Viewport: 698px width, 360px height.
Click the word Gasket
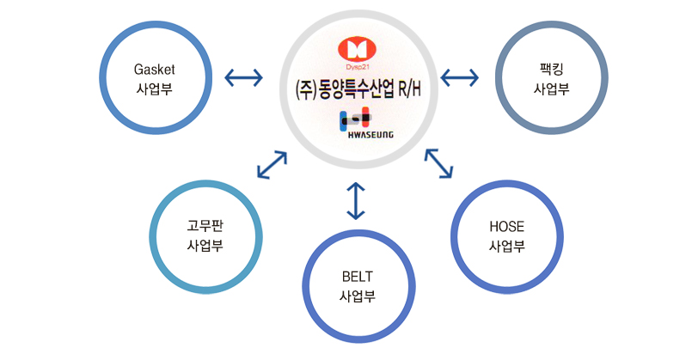pos(155,70)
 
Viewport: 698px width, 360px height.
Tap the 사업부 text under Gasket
pos(154,89)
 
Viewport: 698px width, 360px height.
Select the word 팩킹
pos(552,70)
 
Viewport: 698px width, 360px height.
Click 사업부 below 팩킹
pos(552,89)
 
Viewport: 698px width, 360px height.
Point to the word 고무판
pos(205,226)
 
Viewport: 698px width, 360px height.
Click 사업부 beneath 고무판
pos(205,245)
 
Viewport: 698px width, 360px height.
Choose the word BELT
pos(358,277)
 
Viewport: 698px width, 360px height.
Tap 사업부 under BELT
pos(358,296)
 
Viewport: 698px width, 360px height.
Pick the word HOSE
pos(507,227)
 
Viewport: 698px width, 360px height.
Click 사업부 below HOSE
pos(507,246)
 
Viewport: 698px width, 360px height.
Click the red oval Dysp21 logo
pos(357,49)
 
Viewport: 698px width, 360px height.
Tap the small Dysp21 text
pos(357,67)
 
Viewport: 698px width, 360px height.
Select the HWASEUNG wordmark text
pos(370,134)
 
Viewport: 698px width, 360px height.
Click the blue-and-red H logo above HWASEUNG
pos(355,119)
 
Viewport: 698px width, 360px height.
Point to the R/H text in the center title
pos(409,89)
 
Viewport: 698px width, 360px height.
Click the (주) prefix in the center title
pos(305,90)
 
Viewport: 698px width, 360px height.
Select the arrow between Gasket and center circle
pos(243,77)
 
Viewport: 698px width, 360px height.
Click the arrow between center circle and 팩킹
pos(459,77)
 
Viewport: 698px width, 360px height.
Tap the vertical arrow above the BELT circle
pos(355,201)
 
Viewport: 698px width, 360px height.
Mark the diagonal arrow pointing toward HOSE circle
pos(438,164)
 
